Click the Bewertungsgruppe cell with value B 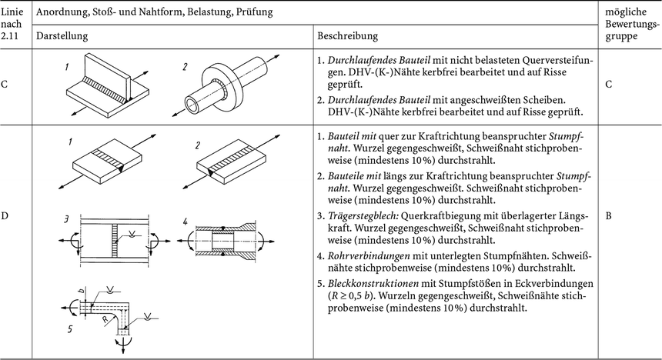pos(609,216)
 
